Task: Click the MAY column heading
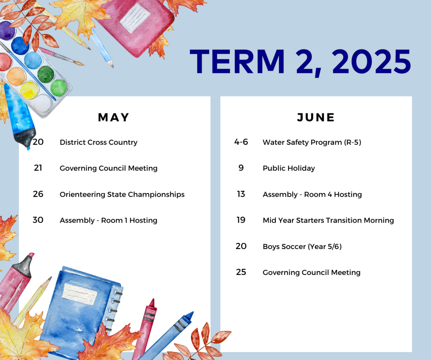tap(113, 117)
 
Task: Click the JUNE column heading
tap(316, 117)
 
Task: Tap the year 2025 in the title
tap(372, 61)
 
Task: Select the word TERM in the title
tap(237, 61)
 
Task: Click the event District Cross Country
tap(99, 142)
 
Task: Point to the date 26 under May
tap(38, 194)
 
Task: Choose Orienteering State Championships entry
tap(122, 194)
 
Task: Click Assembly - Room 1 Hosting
tap(109, 220)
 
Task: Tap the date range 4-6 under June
tap(241, 142)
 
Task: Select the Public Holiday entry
tap(289, 168)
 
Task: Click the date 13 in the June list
tap(241, 194)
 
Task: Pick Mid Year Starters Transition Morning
tap(328, 220)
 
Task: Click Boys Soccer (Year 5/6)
tap(302, 247)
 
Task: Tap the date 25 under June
tap(241, 272)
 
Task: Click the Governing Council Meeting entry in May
tap(109, 168)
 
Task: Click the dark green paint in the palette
tap(45, 74)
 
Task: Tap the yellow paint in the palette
tap(29, 90)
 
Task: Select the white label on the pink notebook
tap(135, 18)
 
